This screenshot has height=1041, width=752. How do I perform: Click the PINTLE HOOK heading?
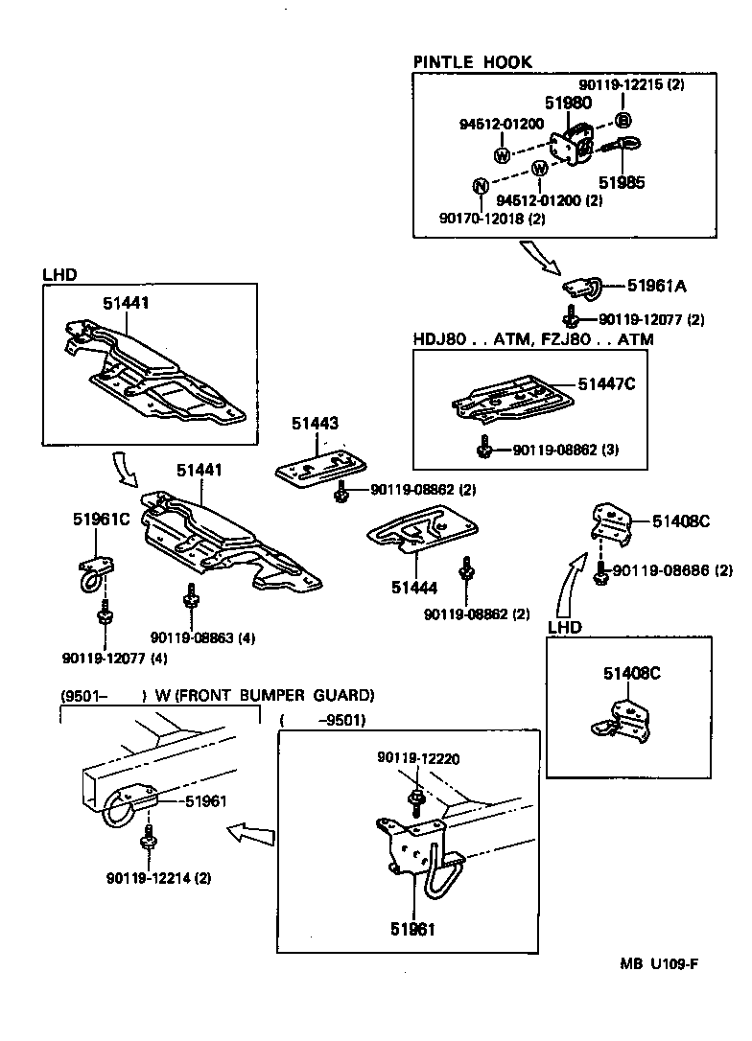(x=472, y=62)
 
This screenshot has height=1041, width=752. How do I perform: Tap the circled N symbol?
(x=482, y=186)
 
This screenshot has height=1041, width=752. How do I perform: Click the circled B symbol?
(x=622, y=120)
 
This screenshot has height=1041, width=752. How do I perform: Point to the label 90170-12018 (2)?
(x=492, y=219)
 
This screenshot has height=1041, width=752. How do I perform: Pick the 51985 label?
(x=622, y=181)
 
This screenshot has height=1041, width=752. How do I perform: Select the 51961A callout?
(x=659, y=285)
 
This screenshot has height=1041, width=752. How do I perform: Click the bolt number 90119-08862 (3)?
(x=565, y=449)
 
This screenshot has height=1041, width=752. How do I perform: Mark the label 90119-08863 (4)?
(x=202, y=637)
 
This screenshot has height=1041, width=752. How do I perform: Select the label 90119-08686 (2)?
(x=671, y=569)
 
